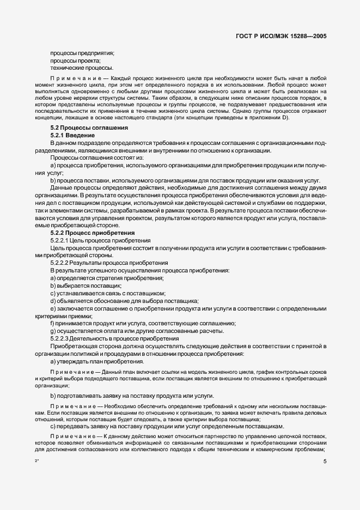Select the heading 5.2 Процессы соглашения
pos(89,127)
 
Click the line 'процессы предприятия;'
pos(82,53)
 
